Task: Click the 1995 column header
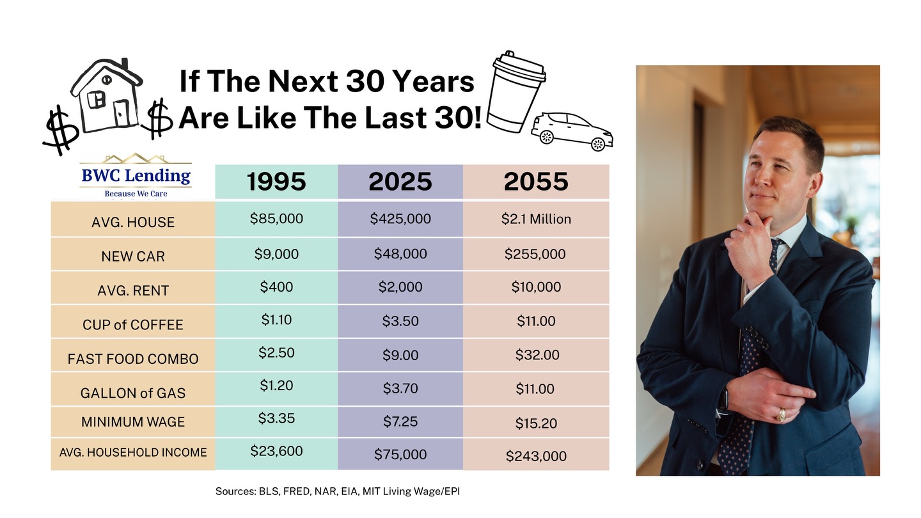pyautogui.click(x=276, y=182)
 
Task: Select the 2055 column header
pyautogui.click(x=536, y=182)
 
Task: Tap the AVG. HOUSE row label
pyautogui.click(x=133, y=223)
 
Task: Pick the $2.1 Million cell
pyautogui.click(x=536, y=219)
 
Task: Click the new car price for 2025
pyautogui.click(x=400, y=254)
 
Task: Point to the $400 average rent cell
pyautogui.click(x=276, y=287)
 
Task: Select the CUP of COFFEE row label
pyautogui.click(x=133, y=325)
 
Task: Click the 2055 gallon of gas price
pyautogui.click(x=536, y=389)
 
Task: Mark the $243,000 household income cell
pyautogui.click(x=536, y=456)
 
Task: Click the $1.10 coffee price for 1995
pyautogui.click(x=276, y=320)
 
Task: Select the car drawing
pyautogui.click(x=572, y=130)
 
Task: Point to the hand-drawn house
pyautogui.click(x=106, y=98)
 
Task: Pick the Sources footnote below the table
pyautogui.click(x=338, y=492)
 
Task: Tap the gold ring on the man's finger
pyautogui.click(x=781, y=416)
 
